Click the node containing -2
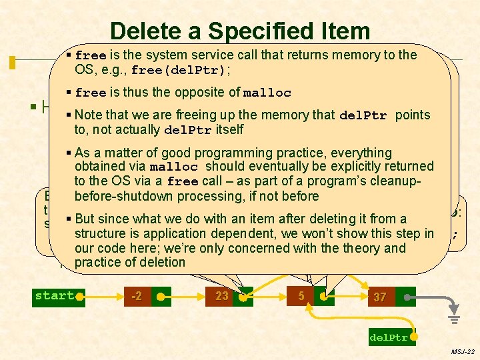(136, 295)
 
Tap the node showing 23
(221, 295)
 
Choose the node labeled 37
(379, 297)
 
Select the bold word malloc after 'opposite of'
(267, 93)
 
